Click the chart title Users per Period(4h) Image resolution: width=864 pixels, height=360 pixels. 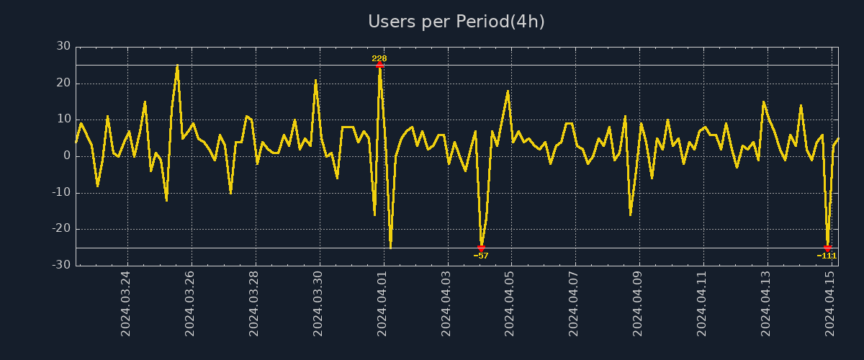tap(456, 22)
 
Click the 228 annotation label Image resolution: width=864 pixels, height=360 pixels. tap(379, 58)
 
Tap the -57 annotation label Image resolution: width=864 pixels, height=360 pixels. tap(481, 256)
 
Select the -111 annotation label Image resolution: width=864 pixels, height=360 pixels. tap(827, 256)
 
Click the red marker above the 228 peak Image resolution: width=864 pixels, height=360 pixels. tap(379, 65)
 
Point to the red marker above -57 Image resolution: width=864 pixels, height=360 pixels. tap(481, 248)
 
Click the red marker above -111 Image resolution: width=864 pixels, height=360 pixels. tap(827, 248)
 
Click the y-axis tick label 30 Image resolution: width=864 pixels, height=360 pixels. tap(63, 46)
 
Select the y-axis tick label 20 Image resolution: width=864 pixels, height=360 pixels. tap(63, 83)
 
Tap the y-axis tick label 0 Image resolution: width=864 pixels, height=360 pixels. tap(67, 156)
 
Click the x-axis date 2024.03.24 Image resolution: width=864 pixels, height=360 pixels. tap(126, 303)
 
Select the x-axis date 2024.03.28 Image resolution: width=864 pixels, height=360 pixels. tap(254, 303)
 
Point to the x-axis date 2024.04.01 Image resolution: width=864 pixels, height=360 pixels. tap(382, 303)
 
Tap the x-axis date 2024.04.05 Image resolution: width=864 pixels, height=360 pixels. tap(510, 303)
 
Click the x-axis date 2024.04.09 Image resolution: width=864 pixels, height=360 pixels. tap(639, 303)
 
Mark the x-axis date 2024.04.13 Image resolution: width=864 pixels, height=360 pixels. tap(766, 303)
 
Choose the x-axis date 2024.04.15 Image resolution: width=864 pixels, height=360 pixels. tap(830, 303)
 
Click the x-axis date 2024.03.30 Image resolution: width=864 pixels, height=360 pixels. tap(318, 303)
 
